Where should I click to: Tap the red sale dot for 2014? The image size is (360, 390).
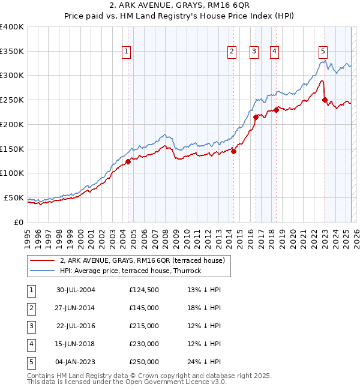[x=233, y=151]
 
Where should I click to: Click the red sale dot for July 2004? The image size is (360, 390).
[x=128, y=161]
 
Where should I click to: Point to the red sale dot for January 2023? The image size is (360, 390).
[x=325, y=100]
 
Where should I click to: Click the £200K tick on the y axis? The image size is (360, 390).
[x=12, y=124]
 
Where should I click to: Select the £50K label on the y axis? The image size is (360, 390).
[x=14, y=197]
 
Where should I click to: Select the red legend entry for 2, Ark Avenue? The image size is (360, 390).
[x=142, y=260]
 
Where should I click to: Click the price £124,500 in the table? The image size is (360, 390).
[x=144, y=290]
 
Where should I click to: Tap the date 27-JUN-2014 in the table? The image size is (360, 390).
[x=76, y=308]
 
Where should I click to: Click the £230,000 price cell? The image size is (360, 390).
[x=144, y=344]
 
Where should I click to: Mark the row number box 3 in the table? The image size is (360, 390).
[x=31, y=326]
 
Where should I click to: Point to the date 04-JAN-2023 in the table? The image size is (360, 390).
[x=76, y=362]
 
